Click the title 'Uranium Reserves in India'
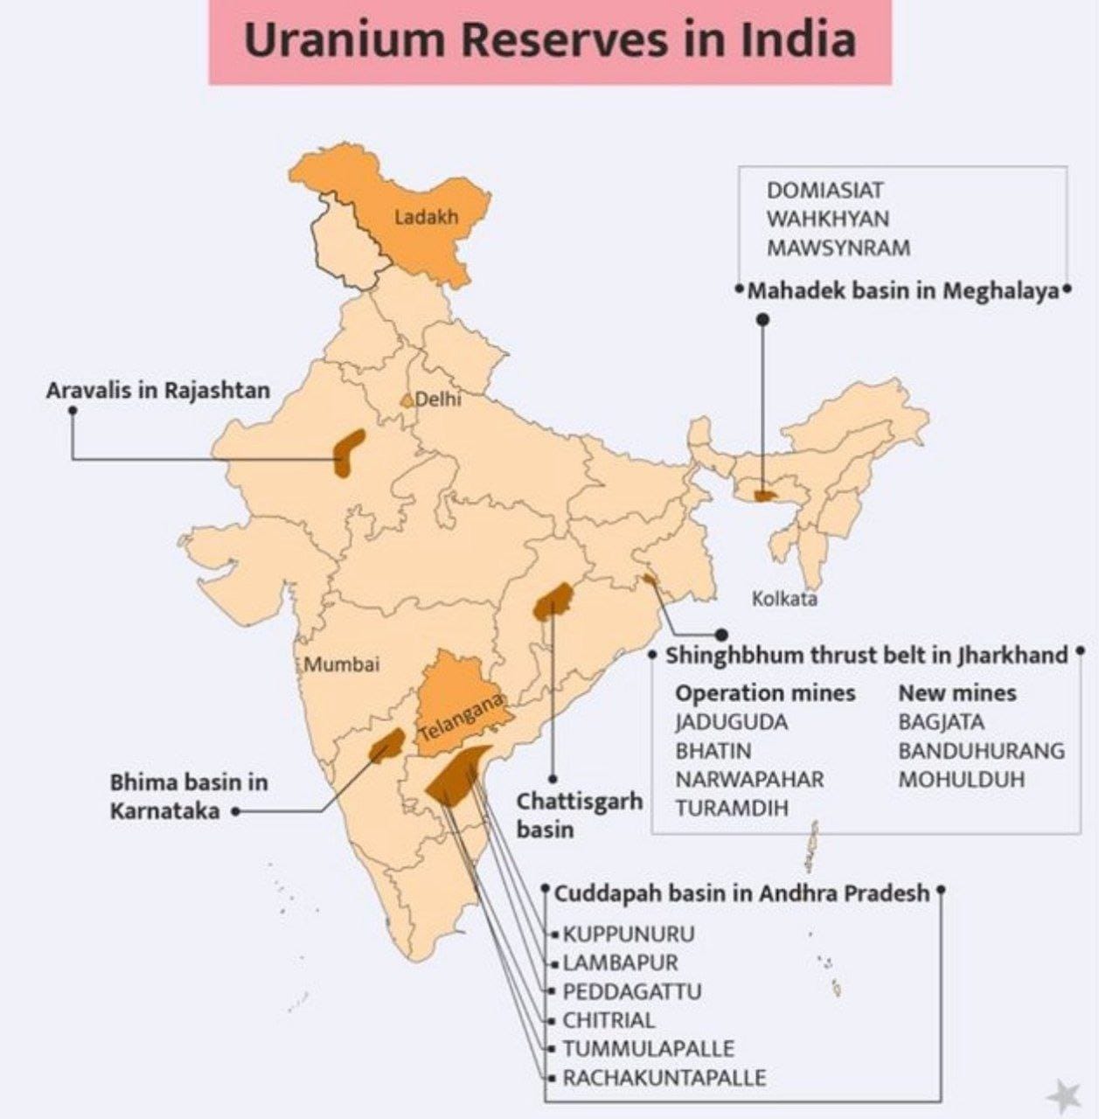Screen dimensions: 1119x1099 point(549,41)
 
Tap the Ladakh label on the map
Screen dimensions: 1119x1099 point(426,216)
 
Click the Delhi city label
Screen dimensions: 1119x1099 point(437,400)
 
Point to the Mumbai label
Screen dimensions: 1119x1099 point(342,664)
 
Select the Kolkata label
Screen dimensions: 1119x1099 point(784,599)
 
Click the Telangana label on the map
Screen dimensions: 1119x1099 point(462,717)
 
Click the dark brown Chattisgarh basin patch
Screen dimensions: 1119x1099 point(553,601)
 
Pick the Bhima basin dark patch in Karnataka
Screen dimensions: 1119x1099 point(386,745)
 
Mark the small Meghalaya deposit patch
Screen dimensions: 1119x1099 point(765,496)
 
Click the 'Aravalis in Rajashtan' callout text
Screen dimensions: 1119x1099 point(158,390)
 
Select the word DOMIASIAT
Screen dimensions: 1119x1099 point(824,190)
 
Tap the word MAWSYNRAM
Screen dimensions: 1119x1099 point(838,248)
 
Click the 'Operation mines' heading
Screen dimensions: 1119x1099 point(765,693)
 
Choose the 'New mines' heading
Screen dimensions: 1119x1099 point(957,693)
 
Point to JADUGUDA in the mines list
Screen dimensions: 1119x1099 point(731,722)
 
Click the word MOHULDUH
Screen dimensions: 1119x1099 point(961,779)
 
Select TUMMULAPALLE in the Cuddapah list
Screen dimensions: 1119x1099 point(648,1048)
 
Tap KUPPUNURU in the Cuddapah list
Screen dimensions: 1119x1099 point(629,934)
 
